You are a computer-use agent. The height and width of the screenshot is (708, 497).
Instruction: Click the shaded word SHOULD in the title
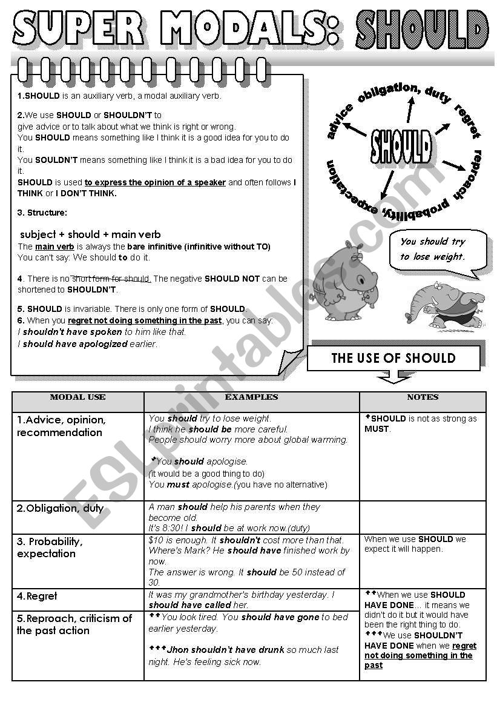coord(422,29)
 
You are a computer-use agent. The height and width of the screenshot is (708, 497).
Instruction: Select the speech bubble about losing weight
coord(437,249)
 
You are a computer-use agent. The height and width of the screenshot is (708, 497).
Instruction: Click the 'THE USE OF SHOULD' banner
coord(393,358)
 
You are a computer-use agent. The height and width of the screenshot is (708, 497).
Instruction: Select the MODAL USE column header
coord(77,397)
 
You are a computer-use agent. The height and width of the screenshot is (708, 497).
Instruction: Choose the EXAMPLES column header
coord(251,397)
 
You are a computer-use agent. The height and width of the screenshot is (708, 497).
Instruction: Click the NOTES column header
coord(423,397)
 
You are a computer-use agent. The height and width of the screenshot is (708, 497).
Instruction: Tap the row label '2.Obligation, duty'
coord(60,508)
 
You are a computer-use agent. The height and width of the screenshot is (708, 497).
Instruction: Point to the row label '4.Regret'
coord(37,597)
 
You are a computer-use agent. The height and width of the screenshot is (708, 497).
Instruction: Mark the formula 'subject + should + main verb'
coord(91,234)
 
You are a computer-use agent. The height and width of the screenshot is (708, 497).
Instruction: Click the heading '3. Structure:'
coord(42,213)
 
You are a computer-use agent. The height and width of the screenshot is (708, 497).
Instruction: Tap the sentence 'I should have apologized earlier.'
coord(88,344)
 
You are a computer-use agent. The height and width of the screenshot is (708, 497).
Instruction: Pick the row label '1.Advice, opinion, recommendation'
coord(61,426)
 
